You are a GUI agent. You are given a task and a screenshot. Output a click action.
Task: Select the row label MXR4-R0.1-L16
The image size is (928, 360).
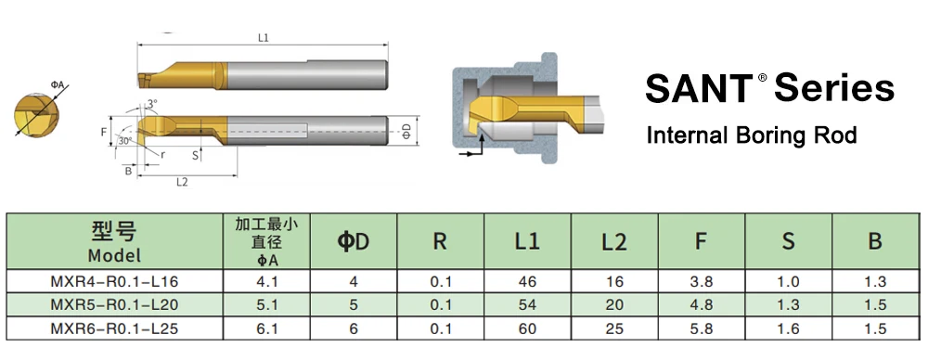point(114,281)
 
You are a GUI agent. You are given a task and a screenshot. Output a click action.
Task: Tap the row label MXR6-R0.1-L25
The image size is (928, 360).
point(114,328)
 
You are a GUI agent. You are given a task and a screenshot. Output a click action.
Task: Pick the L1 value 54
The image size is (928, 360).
point(527,305)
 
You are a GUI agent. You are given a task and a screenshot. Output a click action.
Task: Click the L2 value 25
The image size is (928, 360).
point(614,328)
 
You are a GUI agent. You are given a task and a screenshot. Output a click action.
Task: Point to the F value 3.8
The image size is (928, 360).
point(702,281)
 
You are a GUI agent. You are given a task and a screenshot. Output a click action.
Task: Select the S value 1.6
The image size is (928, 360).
point(788,328)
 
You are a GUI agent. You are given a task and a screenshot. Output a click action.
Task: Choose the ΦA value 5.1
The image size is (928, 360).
point(266,305)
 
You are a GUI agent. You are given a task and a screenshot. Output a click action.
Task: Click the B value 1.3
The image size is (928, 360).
point(875,281)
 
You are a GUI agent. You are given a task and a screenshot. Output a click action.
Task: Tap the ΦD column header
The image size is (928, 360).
point(354,241)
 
